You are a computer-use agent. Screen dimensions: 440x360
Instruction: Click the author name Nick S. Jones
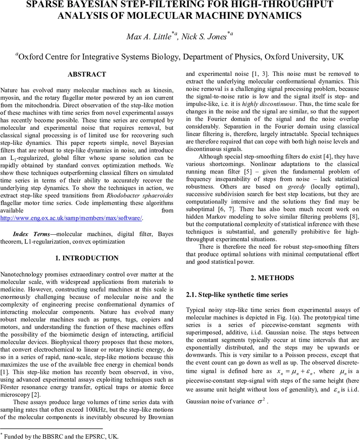tap(204, 37)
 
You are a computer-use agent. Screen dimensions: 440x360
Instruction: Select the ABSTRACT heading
tap(87, 74)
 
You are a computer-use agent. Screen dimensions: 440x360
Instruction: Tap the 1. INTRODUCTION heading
tap(87, 258)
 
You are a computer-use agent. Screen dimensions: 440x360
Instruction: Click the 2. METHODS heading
tap(272, 278)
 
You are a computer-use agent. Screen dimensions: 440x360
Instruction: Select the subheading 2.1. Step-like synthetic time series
tap(237, 295)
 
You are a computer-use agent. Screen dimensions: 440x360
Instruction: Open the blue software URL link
tap(71, 218)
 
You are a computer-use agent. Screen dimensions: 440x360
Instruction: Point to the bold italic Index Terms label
tap(31, 234)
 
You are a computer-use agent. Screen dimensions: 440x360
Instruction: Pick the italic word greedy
tap(296, 187)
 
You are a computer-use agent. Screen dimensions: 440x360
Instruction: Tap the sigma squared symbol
tap(261, 401)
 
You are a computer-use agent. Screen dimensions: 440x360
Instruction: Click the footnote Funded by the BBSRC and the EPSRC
tap(61, 436)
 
